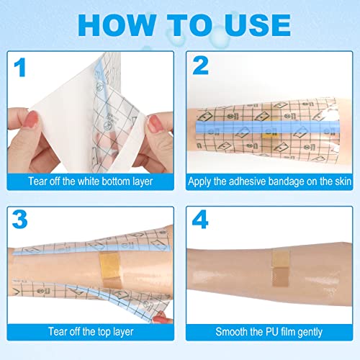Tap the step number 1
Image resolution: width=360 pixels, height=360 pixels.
pos(22,70)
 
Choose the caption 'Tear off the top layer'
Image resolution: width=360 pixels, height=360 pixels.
pos(91,333)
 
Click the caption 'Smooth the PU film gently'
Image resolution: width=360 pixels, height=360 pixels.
pos(271,333)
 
